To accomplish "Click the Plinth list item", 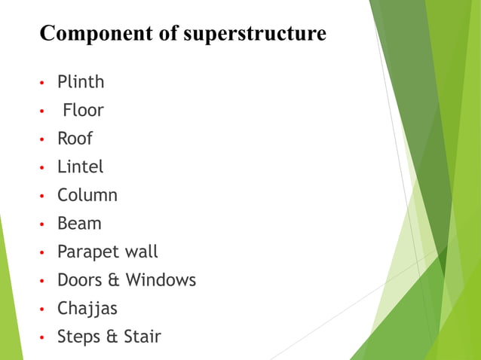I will point(81,81).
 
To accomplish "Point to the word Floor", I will point(83,110).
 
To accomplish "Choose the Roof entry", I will point(75,139).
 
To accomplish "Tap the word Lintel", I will point(80,166).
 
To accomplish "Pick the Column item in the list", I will point(87,195).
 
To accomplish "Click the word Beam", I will point(79,224).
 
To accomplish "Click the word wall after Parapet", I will point(140,252).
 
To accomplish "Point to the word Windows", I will point(161,280).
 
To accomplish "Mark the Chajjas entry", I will point(87,309).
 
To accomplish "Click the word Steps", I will point(80,337).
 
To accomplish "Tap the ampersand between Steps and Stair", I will point(114,337).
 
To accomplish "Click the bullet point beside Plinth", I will point(42,83).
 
